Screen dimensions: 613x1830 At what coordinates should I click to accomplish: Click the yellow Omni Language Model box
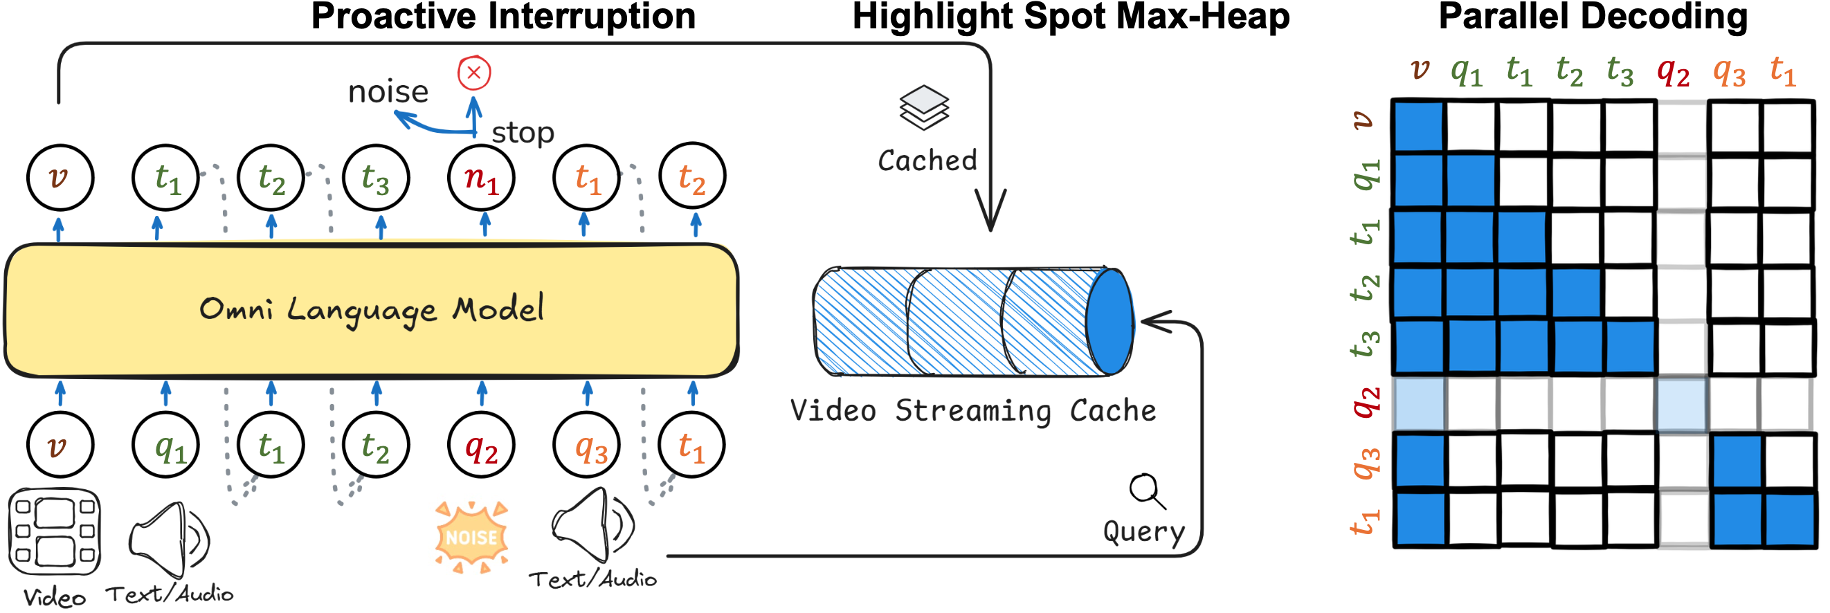coord(371,311)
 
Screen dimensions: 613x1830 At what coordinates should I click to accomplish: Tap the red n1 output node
coord(482,178)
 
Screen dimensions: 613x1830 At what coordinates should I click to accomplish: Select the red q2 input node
coord(482,446)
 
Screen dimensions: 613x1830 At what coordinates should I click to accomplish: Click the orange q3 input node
coord(588,446)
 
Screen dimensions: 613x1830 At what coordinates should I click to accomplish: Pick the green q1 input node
coord(165,446)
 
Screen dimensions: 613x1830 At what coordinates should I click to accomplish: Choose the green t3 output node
coord(376,178)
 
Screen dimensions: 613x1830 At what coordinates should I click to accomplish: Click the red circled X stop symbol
coord(474,73)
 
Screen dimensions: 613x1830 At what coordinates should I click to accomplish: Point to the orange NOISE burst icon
coord(472,537)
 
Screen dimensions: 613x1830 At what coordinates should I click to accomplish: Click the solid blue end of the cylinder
coord(1109,321)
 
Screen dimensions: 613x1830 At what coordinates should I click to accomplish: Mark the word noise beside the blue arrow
coord(388,91)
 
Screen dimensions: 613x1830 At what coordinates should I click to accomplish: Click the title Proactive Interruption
coord(503,17)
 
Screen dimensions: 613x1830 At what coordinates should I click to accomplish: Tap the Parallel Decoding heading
coord(1593,17)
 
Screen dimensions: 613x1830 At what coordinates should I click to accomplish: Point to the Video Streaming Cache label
coord(973,410)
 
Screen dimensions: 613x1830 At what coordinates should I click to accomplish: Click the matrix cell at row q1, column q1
coord(1471,181)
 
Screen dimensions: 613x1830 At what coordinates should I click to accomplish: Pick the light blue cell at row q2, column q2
coord(1681,404)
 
